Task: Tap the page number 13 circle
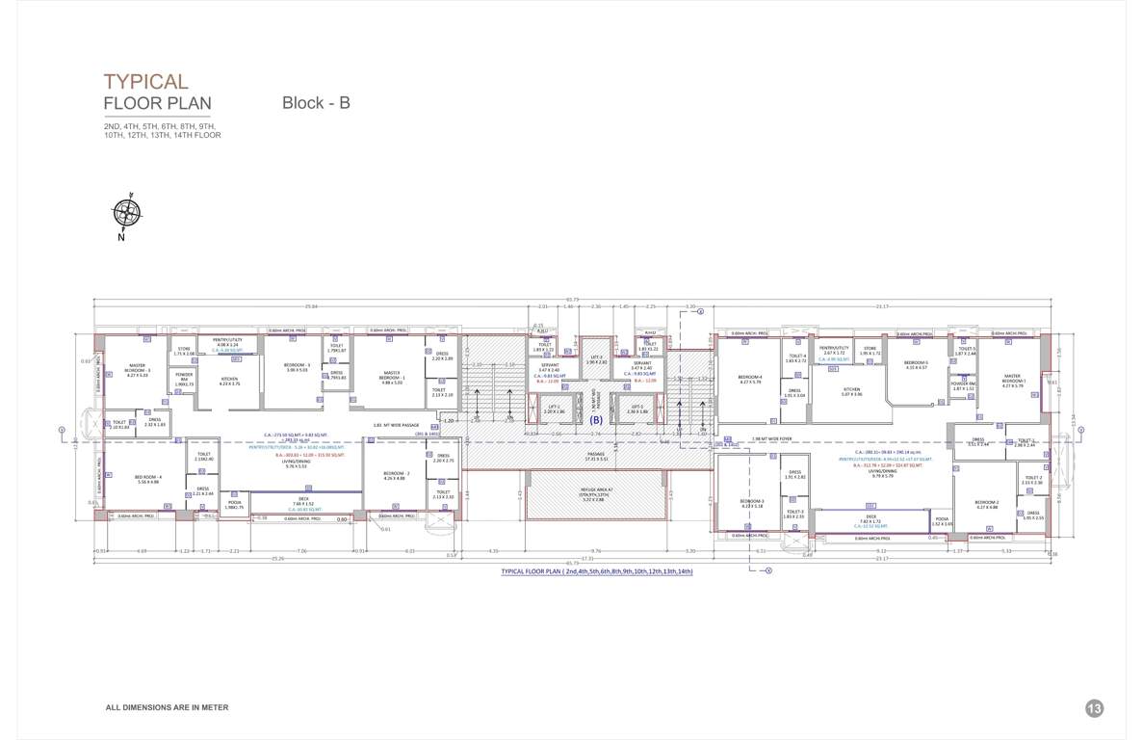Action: point(1094,708)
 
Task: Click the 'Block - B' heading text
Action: point(316,103)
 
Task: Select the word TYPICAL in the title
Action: point(146,82)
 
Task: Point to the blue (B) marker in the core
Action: point(596,420)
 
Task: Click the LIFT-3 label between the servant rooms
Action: point(596,358)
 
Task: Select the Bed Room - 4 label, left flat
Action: point(149,479)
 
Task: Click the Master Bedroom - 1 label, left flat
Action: point(393,380)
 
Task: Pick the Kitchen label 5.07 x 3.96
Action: point(851,391)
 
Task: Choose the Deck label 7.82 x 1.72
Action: point(870,518)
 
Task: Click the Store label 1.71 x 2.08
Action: point(183,352)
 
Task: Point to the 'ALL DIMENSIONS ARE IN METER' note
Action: point(167,708)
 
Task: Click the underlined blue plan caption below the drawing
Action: point(596,571)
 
